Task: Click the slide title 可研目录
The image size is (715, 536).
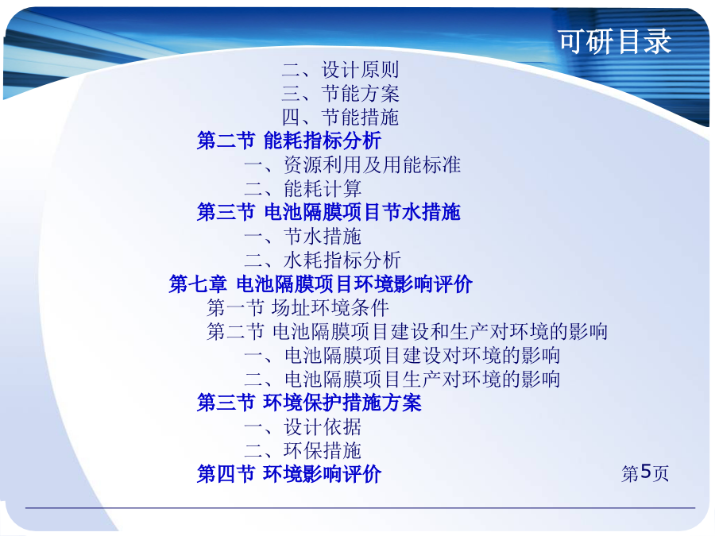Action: click(615, 41)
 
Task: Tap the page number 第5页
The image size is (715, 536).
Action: click(645, 473)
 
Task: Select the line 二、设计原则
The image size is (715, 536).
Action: click(340, 70)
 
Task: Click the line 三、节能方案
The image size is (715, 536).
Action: click(340, 94)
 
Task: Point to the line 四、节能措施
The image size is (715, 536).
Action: click(340, 118)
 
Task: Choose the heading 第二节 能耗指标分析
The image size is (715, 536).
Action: click(289, 141)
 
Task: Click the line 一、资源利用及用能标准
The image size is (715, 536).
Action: click(352, 164)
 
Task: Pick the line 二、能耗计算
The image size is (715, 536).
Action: click(303, 188)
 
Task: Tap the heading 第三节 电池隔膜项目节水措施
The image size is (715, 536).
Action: click(329, 212)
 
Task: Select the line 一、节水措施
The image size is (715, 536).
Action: click(303, 236)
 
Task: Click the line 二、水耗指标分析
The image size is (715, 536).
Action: click(323, 260)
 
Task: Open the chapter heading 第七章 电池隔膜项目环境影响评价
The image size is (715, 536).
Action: click(321, 284)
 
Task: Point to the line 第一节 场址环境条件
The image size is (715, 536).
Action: click(298, 307)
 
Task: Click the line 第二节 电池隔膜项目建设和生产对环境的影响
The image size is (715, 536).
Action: click(407, 331)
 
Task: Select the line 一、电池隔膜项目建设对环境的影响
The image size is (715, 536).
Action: click(402, 355)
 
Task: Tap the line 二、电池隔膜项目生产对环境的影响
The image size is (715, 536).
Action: click(402, 379)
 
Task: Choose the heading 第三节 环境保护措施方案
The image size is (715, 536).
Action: click(309, 403)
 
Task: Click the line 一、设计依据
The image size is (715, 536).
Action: click(303, 426)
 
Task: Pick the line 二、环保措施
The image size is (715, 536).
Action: click(303, 450)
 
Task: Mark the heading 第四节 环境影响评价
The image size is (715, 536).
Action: click(289, 474)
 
